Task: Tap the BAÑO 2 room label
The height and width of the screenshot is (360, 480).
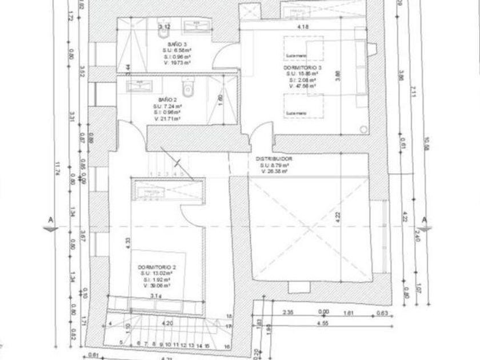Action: [x=166, y=99]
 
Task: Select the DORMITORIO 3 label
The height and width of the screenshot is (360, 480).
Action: [x=303, y=68]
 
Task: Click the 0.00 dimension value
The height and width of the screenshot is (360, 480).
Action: [x=323, y=312]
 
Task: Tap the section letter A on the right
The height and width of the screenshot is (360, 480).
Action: [x=425, y=219]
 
